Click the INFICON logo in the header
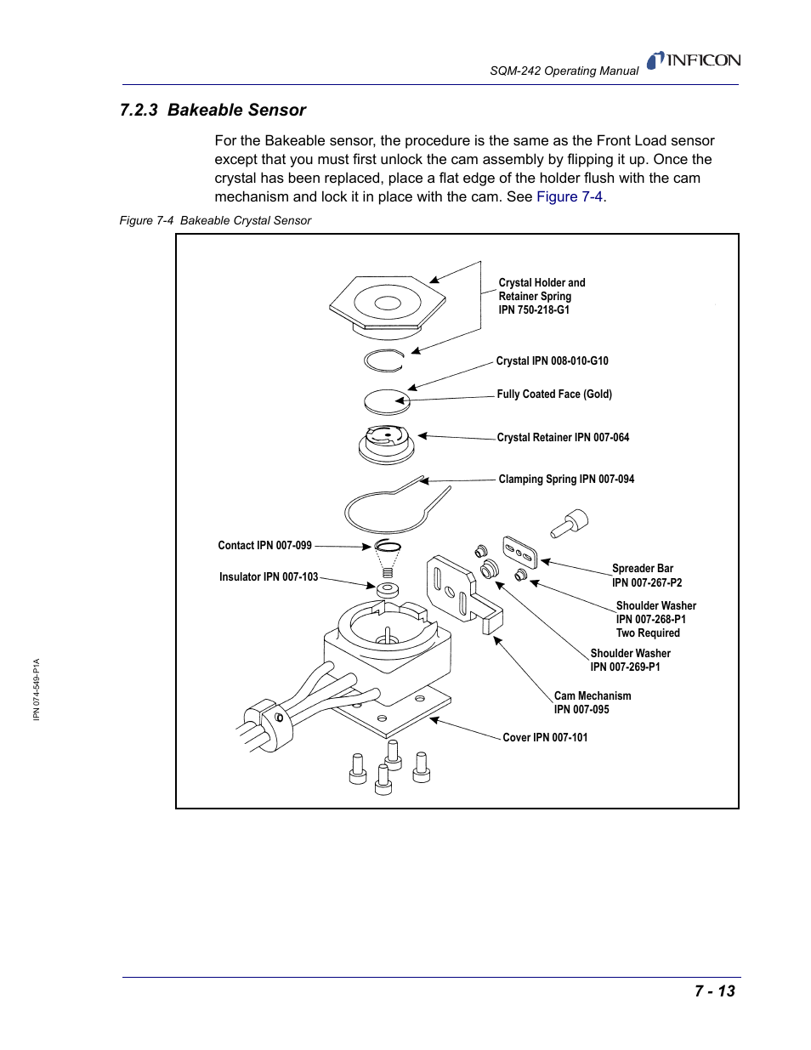pos(694,60)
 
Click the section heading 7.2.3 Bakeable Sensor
pos(213,110)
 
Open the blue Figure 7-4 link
pos(570,196)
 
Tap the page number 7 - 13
pos(714,990)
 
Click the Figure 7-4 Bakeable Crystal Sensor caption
pos(215,220)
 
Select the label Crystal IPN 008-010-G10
pos(552,360)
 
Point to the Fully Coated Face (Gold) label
pos(554,394)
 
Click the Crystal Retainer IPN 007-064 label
pos(563,437)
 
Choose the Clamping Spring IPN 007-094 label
pos(566,479)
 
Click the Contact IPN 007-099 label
pos(264,545)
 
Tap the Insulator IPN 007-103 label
pos(268,576)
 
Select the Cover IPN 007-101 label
pos(545,737)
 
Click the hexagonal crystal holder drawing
pos(387,303)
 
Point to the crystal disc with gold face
pos(387,400)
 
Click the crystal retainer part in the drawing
pos(386,444)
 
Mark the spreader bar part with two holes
pos(519,551)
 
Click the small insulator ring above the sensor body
pos(387,588)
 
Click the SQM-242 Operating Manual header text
pos(564,71)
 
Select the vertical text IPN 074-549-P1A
pos(37,689)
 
